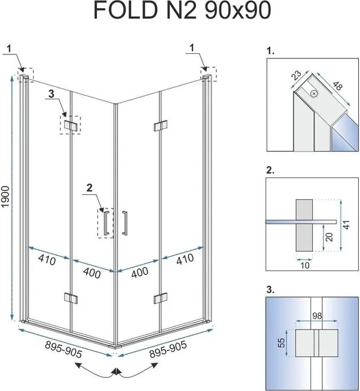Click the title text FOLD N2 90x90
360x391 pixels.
coord(182,11)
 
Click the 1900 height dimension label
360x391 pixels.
coord(5,197)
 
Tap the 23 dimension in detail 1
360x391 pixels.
coord(297,75)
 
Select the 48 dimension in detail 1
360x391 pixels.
coord(338,86)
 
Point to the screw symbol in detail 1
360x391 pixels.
coord(314,94)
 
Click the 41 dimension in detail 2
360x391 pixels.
coord(347,224)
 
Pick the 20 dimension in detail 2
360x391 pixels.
coord(329,237)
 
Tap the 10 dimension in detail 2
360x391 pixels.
coord(305,265)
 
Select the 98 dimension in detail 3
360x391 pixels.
coord(317,316)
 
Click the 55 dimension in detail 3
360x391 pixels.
coord(281,343)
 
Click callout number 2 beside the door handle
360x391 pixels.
coord(89,188)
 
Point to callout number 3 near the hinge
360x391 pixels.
coord(51,94)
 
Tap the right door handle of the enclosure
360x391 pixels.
coord(125,223)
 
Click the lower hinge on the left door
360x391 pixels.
coord(71,298)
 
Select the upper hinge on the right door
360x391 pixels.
coord(160,125)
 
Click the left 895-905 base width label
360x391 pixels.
coord(63,349)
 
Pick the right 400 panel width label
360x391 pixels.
coord(140,272)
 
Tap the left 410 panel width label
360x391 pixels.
coord(47,260)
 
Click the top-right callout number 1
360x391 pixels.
coord(192,48)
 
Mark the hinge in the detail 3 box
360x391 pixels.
coord(317,343)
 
